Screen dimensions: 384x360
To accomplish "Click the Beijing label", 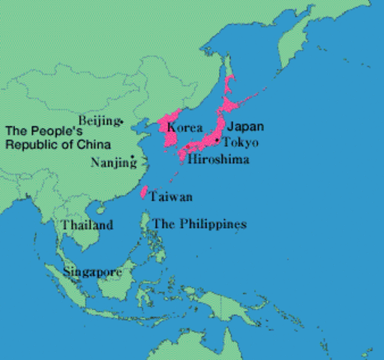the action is [99, 120].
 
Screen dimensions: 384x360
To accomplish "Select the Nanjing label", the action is [109, 161].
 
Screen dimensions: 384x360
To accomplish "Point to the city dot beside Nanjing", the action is [133, 157].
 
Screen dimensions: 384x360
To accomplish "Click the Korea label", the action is [184, 127].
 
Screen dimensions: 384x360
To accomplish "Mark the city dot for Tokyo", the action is [218, 140].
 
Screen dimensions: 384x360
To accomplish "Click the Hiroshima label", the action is [218, 160].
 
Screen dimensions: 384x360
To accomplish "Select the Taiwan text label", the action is [171, 196].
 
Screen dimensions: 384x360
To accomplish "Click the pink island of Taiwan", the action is [144, 192].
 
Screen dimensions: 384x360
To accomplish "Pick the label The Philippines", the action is [199, 224].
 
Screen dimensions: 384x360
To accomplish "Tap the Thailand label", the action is [87, 225].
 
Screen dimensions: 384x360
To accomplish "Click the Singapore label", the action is [92, 271].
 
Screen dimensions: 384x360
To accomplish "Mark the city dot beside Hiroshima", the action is [199, 148].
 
